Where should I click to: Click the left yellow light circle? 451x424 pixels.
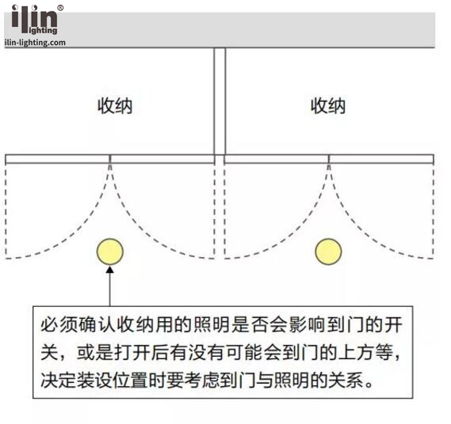coord(110,252)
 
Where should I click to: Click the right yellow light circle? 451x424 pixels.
coord(328,252)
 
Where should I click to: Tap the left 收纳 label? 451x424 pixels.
coord(115,106)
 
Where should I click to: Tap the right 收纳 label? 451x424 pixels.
coord(328,106)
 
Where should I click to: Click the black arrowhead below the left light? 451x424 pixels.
coord(110,270)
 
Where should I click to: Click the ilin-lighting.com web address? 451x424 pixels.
coord(35,43)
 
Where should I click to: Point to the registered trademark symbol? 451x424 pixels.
coord(60,8)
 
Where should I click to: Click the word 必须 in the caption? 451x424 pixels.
coord(59,325)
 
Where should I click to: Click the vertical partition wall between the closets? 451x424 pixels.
coord(220,101)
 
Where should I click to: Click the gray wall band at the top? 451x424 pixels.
coord(220,30)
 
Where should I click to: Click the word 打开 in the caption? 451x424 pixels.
coord(133,352)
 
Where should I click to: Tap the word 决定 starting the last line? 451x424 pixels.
coord(59,380)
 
